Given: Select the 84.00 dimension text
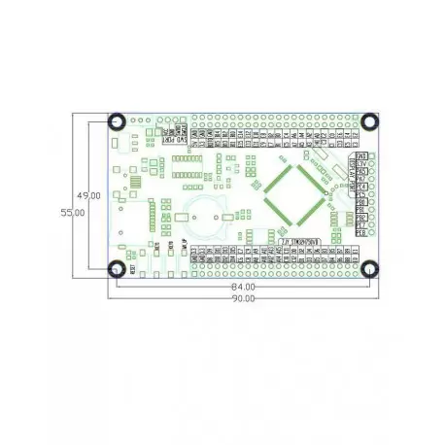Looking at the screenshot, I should point(243,287).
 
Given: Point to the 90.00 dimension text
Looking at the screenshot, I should point(243,298).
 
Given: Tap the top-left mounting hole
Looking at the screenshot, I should point(115,121).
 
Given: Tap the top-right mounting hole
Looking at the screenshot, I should point(370,121).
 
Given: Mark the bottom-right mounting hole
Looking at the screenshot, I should point(370,268).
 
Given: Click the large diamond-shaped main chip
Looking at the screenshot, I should point(291,195).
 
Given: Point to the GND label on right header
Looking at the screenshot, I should point(360,156).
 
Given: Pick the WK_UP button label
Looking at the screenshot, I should point(185,245).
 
